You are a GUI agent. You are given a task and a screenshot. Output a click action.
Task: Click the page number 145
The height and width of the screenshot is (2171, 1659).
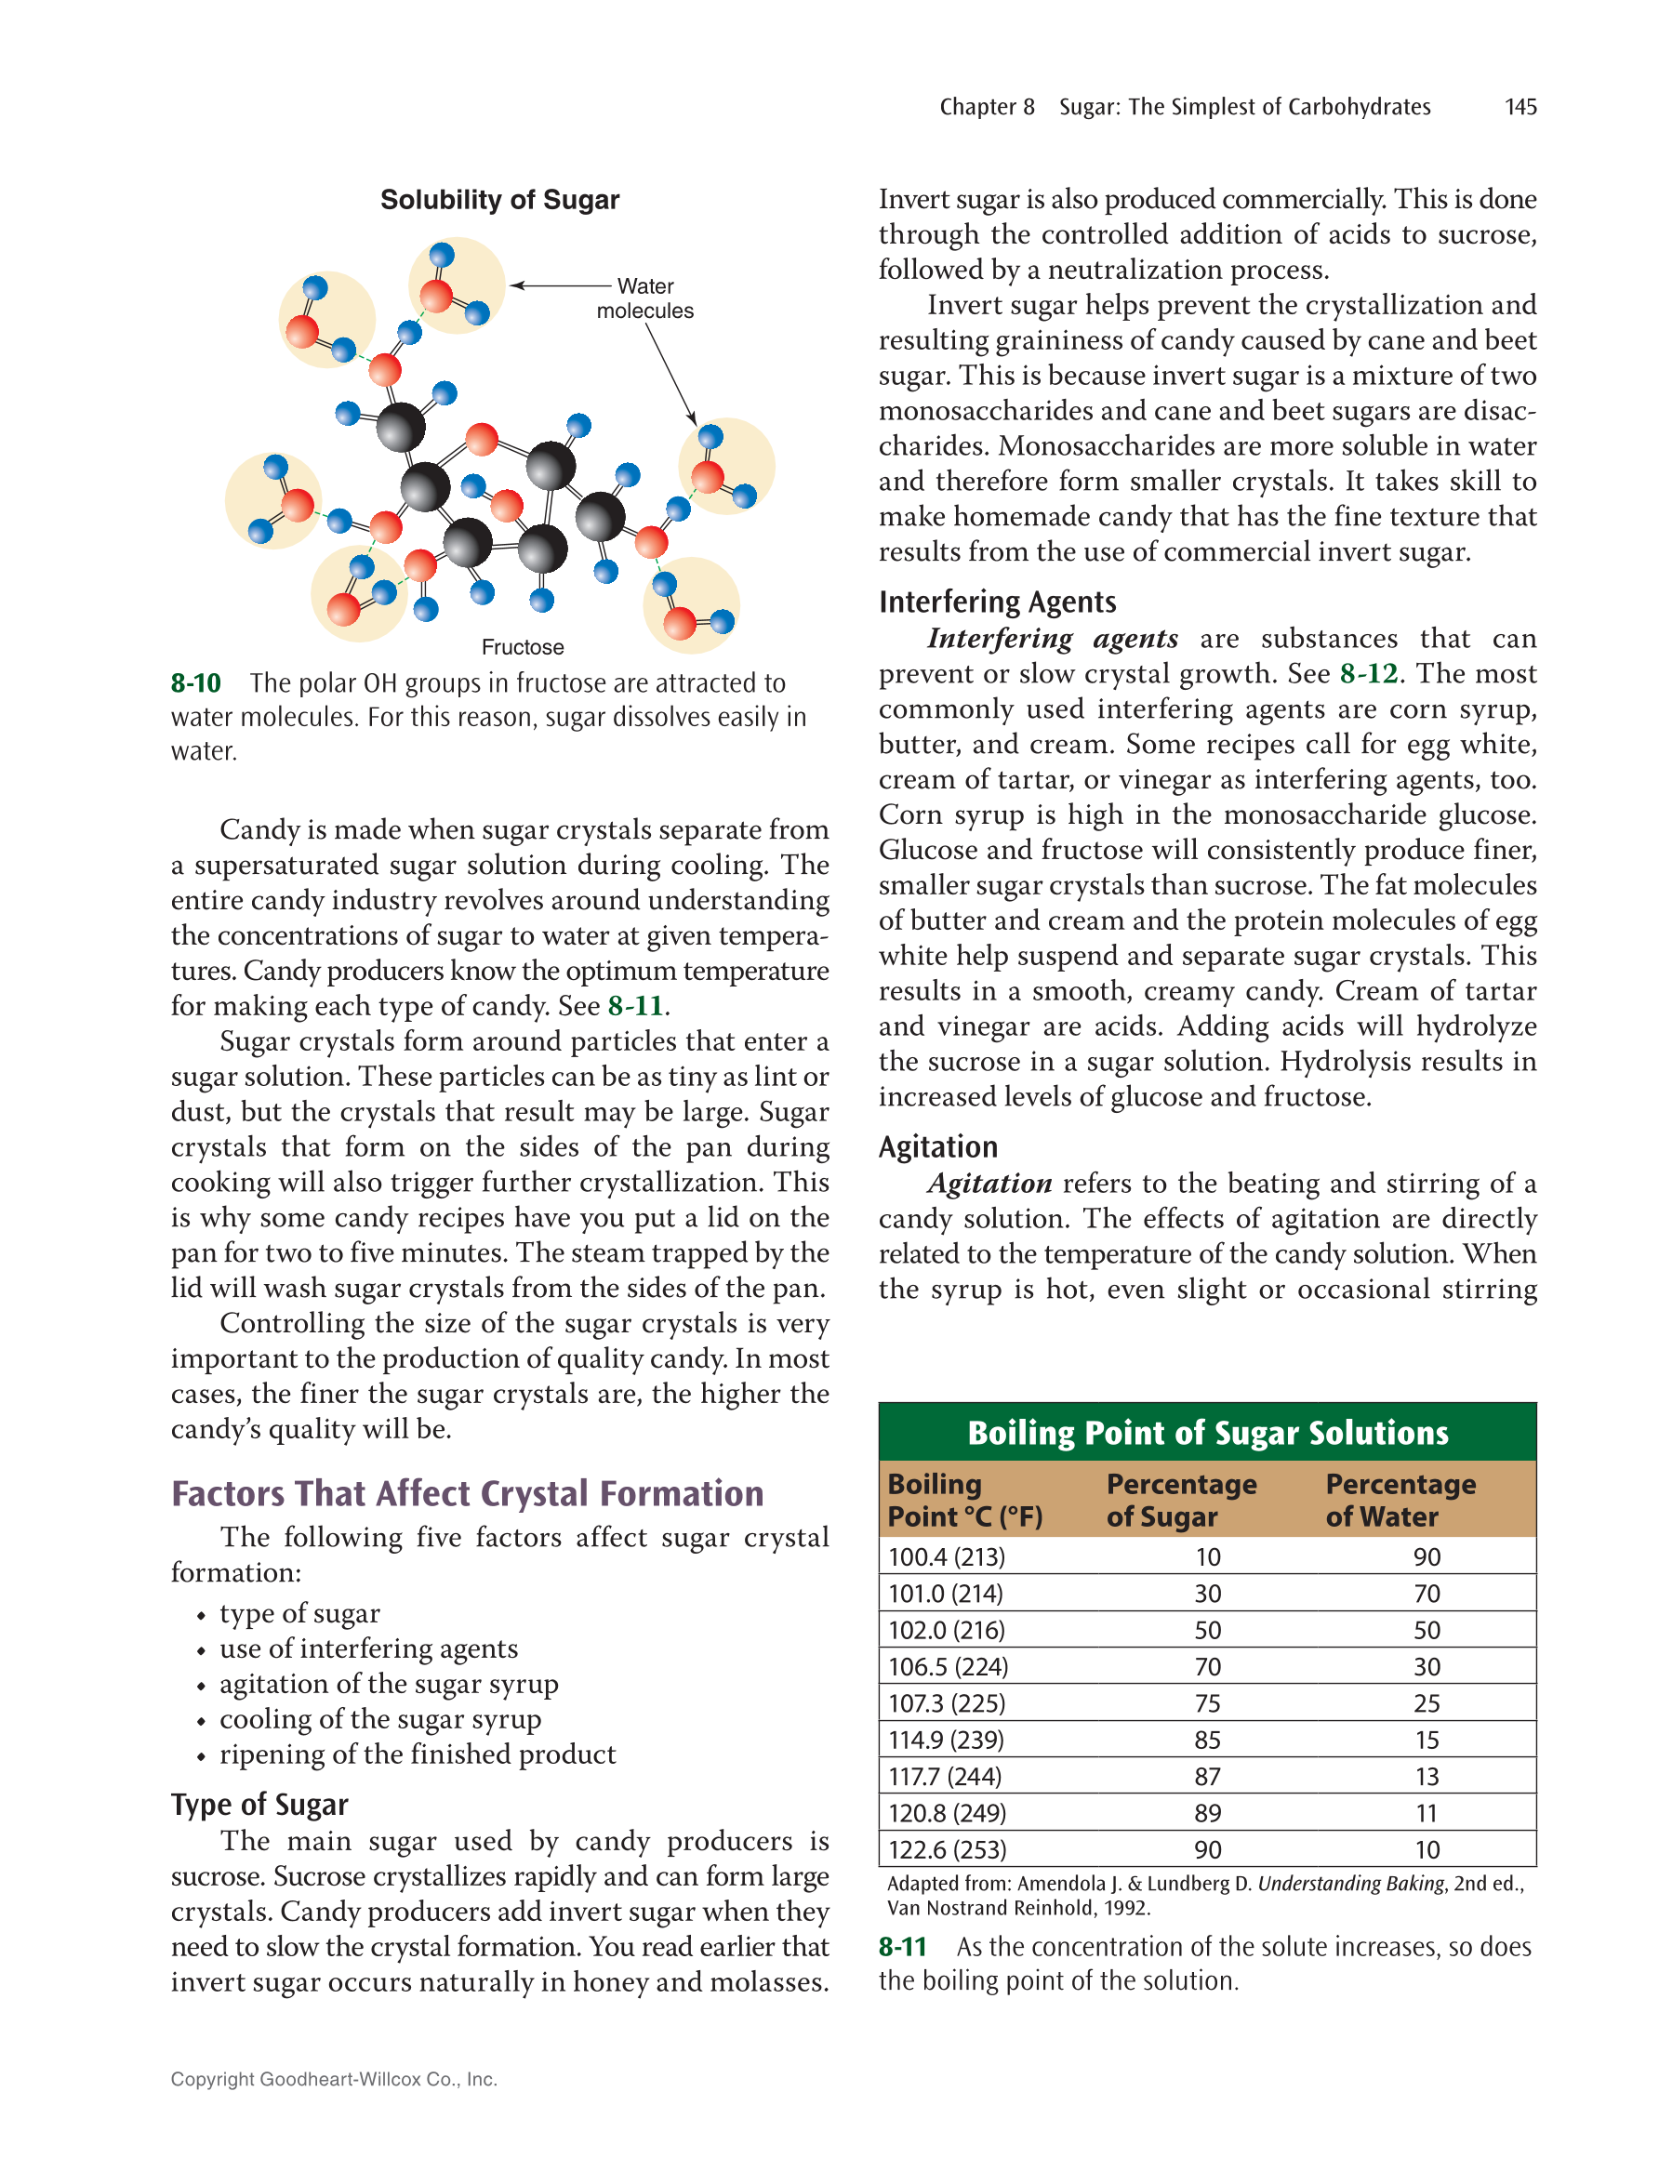click(x=1520, y=107)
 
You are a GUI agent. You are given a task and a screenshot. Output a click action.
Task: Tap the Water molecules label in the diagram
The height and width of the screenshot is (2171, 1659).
click(x=644, y=298)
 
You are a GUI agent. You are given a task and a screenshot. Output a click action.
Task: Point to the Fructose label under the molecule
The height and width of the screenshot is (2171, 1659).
click(x=523, y=648)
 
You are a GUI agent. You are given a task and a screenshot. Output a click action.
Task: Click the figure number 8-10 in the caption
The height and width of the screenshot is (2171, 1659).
click(x=195, y=683)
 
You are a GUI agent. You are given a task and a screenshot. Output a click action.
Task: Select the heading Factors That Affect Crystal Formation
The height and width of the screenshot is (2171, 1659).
click(x=467, y=1494)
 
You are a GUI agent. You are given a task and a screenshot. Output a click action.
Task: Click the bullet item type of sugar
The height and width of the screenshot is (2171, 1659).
click(x=299, y=1613)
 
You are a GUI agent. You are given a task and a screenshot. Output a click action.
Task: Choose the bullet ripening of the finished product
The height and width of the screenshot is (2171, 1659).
click(x=417, y=1754)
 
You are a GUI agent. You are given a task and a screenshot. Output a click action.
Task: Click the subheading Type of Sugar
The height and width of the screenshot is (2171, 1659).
click(x=259, y=1805)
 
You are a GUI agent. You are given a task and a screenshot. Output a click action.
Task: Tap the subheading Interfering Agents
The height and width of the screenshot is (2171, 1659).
click(x=998, y=602)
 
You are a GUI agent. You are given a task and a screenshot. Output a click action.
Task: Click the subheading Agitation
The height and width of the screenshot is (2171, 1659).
click(x=938, y=1147)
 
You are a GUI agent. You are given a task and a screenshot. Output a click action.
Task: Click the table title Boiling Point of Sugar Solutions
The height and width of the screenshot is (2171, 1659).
click(x=1207, y=1433)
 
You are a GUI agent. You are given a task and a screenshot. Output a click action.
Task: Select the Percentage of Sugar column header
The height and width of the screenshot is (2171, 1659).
click(x=1181, y=1500)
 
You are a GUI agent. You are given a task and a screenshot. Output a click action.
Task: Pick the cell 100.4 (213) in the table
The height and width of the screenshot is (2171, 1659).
click(x=946, y=1557)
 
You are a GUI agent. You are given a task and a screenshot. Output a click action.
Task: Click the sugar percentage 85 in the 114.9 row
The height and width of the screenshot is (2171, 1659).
click(x=1207, y=1740)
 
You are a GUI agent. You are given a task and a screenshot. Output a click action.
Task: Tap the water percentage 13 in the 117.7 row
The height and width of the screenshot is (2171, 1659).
click(x=1426, y=1776)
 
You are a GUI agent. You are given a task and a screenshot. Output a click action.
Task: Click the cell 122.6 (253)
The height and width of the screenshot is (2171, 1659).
click(x=946, y=1849)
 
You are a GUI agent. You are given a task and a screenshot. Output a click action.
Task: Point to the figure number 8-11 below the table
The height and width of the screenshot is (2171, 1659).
click(x=903, y=1947)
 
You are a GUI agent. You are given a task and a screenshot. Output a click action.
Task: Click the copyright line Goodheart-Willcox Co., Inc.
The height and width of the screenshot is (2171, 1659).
click(x=334, y=2079)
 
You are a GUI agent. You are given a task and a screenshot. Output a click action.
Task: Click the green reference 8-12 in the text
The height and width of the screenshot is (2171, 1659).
click(x=1369, y=673)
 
